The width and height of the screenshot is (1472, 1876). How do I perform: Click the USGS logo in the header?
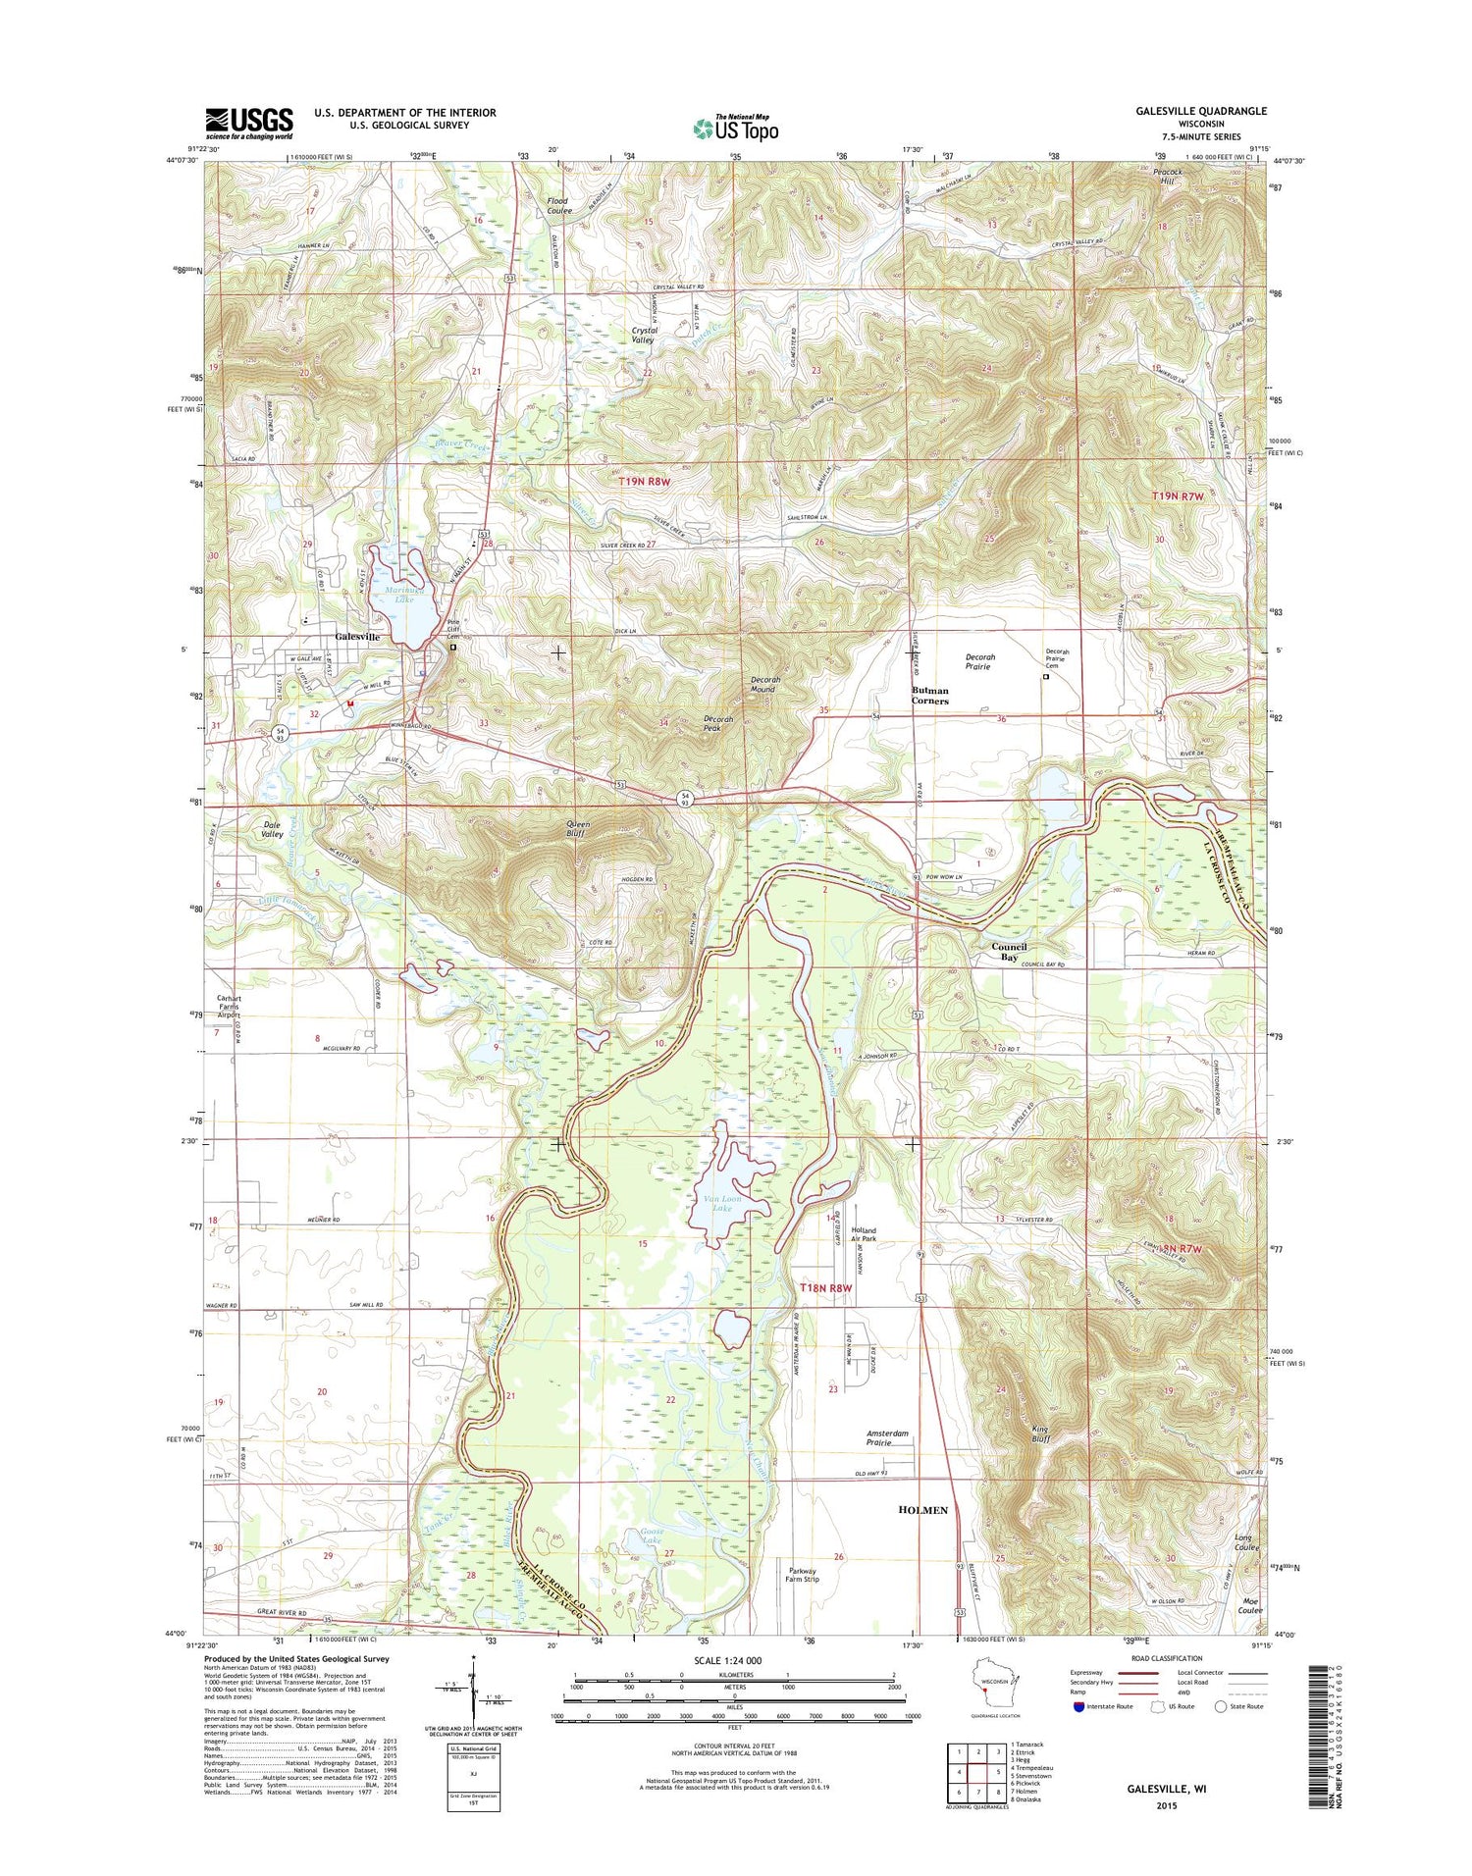coord(248,123)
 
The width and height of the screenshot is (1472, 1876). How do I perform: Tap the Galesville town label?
coord(357,637)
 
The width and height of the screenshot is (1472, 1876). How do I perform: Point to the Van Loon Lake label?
coord(722,1203)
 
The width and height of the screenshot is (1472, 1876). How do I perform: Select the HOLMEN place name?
coord(922,1510)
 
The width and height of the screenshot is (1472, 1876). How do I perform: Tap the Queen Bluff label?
coord(579,829)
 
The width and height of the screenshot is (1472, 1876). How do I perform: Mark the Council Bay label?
coord(1009,951)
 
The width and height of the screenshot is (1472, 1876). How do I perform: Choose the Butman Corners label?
coord(929,696)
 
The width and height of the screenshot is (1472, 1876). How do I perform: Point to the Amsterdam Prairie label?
coord(886,1438)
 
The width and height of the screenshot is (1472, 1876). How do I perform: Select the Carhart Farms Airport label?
coord(228,1007)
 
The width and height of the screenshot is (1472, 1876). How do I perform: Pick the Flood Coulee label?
coord(558,205)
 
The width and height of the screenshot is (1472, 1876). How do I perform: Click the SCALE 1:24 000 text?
coord(734,1660)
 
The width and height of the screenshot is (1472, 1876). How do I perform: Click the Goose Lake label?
coord(652,1537)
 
